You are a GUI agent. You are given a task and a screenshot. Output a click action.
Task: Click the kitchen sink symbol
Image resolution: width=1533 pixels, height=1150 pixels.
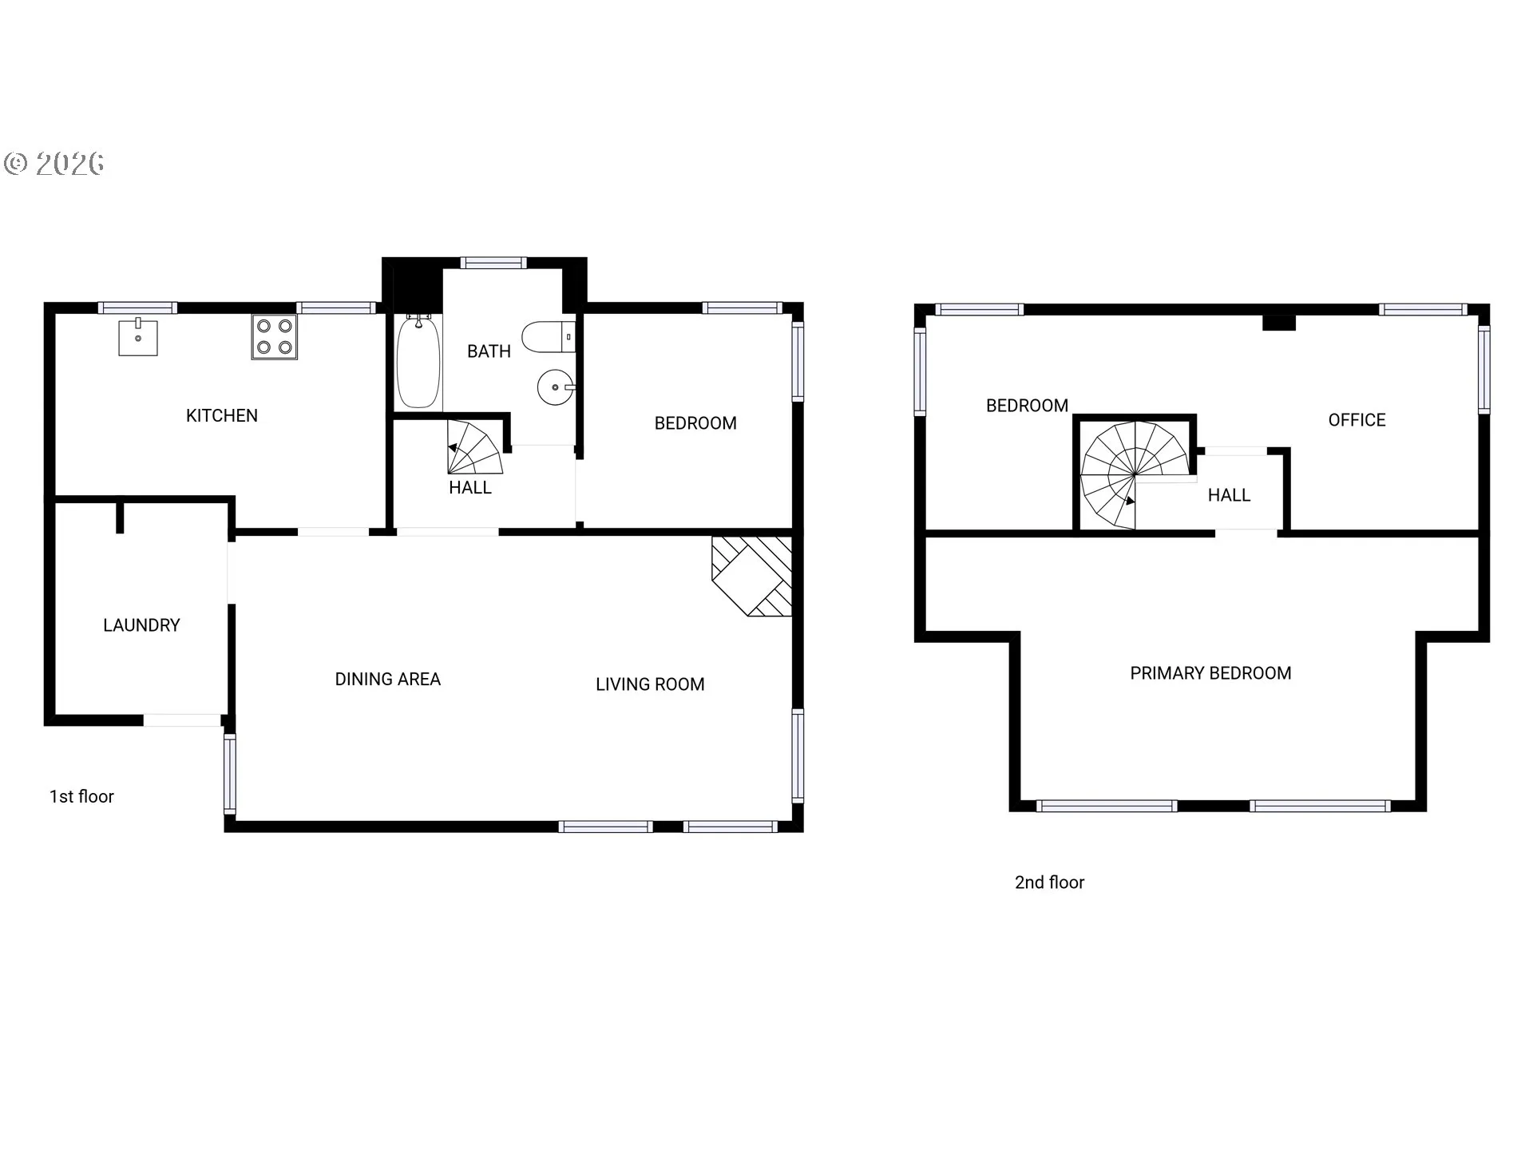click(138, 337)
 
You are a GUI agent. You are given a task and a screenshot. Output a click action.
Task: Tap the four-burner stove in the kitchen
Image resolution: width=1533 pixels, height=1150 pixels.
click(275, 337)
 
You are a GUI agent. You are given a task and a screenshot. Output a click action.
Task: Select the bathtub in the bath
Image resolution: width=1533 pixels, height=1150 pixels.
click(418, 362)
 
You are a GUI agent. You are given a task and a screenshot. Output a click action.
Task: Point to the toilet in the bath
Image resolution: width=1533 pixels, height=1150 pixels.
click(549, 337)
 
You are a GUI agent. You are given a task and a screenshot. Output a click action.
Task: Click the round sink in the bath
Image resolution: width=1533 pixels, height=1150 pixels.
click(556, 388)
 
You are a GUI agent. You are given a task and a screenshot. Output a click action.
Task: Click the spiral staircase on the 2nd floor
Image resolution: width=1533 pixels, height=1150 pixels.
click(1135, 475)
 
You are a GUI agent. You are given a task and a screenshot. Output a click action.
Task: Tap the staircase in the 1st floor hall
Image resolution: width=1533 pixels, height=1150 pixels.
click(475, 448)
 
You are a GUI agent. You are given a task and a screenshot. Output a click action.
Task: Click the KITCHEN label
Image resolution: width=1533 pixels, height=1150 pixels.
click(222, 415)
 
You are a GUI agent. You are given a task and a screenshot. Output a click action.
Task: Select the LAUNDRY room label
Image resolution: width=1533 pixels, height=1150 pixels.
click(141, 625)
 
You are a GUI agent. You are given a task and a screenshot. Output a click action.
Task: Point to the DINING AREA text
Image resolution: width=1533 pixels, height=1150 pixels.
click(387, 679)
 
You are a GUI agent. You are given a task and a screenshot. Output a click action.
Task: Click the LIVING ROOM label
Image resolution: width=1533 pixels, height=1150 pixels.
click(650, 684)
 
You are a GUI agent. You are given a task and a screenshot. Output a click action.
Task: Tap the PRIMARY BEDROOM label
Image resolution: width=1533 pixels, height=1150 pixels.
click(1210, 673)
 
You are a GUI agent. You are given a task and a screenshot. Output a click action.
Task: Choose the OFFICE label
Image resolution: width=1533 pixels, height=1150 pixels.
click(1357, 420)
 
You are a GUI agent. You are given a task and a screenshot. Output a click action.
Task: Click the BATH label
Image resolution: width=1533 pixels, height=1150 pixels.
click(489, 351)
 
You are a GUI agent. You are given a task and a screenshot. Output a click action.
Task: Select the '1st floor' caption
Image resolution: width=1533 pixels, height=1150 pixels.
click(81, 796)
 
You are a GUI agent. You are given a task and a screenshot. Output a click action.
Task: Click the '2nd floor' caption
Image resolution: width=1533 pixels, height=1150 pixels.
click(1049, 882)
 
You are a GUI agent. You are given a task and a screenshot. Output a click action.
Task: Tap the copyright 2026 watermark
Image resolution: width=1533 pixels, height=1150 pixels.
click(53, 164)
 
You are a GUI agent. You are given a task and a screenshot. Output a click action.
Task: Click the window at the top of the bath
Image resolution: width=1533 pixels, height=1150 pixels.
click(493, 263)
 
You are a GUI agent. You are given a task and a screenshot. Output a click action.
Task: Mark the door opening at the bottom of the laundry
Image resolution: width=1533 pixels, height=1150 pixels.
click(182, 720)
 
